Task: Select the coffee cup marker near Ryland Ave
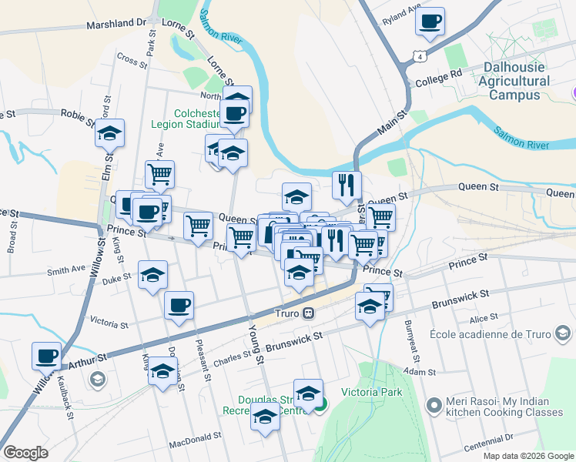point(430,21)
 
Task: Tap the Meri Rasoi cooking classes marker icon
point(434,403)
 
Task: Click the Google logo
point(25,453)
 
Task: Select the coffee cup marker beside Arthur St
point(46,356)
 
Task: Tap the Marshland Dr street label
point(116,24)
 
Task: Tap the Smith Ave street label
point(65,270)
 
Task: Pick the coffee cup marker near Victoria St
point(179,306)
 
